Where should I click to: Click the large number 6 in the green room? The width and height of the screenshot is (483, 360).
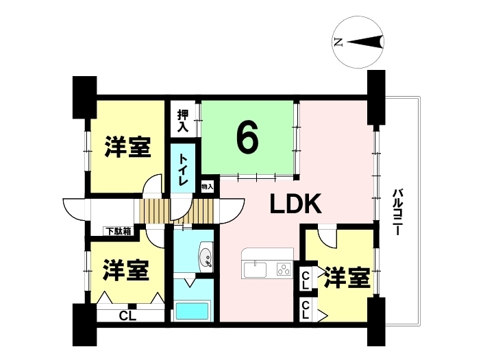coord(247,138)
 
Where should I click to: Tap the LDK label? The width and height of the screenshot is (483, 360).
coord(296,204)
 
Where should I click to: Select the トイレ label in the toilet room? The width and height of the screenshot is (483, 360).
coord(184,169)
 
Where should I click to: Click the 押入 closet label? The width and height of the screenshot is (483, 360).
coord(183,121)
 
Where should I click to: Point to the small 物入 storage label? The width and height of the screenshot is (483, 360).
coord(208,187)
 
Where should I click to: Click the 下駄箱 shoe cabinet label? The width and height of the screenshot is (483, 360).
coord(119,231)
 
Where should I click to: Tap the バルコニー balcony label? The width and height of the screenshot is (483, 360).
coord(397,212)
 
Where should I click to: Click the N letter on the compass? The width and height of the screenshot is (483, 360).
coord(338,42)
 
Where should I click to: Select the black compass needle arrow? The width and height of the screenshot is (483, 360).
coord(364,42)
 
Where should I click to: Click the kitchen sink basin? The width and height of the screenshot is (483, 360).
coord(256,269)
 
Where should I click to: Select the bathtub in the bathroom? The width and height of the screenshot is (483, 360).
coord(192,312)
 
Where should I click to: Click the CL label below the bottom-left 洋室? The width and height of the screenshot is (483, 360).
coord(127,315)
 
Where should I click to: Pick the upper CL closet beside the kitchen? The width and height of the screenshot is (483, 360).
coord(306,280)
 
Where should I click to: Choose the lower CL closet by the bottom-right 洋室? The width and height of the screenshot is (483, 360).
coord(306,310)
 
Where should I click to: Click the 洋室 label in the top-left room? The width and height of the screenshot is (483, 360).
coord(127,147)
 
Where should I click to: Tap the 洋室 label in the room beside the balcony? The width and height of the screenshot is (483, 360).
coord(347,278)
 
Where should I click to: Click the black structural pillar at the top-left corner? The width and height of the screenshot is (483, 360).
coord(84,97)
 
